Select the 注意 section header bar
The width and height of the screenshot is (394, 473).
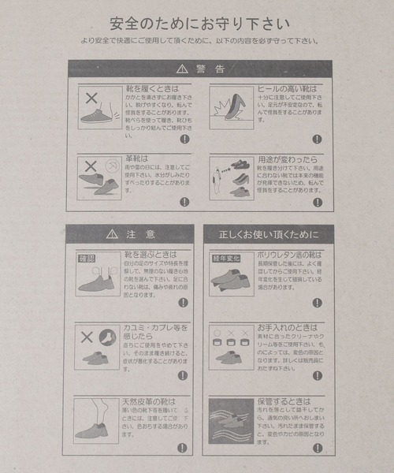(x=128, y=234)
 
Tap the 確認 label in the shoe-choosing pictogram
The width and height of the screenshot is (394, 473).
(x=86, y=258)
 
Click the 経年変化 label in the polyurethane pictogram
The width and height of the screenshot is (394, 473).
(x=223, y=258)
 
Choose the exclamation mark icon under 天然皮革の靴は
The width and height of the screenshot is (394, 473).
(x=182, y=447)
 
